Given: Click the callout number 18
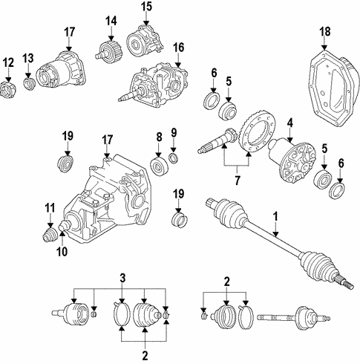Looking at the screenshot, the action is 324,32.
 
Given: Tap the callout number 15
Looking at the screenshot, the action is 146,7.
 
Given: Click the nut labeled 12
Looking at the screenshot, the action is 7,90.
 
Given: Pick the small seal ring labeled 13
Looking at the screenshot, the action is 30,84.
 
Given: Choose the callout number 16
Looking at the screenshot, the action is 179,48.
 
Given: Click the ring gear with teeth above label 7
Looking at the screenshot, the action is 258,131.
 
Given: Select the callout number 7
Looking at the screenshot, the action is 237,181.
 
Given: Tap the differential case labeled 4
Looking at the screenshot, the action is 292,162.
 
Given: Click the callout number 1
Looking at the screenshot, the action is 275,216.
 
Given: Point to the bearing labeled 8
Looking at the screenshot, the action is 160,166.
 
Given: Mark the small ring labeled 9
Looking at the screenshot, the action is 174,158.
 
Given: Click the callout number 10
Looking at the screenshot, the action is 62,252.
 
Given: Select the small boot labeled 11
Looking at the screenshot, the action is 50,236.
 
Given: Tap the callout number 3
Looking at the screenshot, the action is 122,278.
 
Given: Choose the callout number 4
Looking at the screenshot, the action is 289,123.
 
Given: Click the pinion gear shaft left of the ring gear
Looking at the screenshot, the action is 217,140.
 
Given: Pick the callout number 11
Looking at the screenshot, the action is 50,208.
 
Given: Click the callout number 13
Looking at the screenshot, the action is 28,59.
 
